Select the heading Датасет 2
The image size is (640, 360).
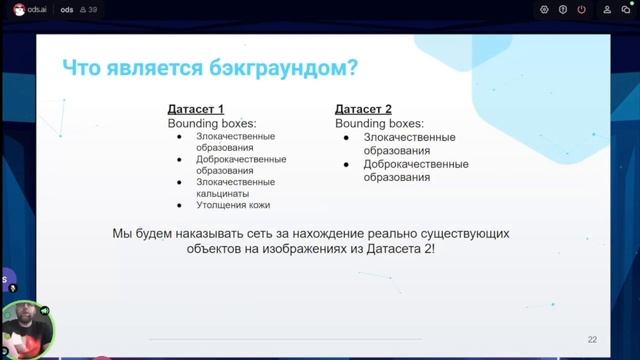(x=363, y=108)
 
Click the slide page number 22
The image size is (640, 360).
(x=592, y=339)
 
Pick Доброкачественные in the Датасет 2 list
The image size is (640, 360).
(x=416, y=163)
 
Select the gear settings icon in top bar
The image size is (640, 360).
(x=544, y=9)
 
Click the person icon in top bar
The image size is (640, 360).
(x=606, y=9)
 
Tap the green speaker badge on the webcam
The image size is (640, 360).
(x=45, y=297)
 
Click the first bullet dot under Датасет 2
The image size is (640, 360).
(x=346, y=137)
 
